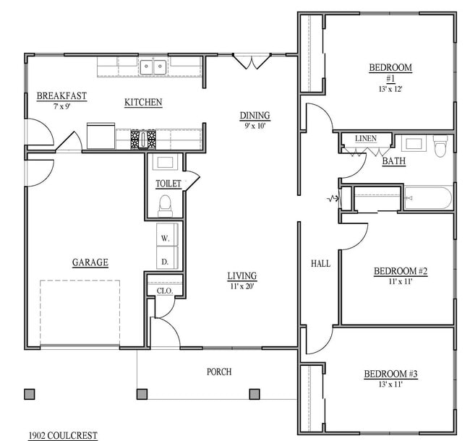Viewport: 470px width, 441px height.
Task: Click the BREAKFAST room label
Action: tap(61, 95)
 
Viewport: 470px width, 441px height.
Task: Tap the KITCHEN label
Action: tap(143, 103)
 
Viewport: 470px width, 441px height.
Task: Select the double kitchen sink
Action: tap(153, 67)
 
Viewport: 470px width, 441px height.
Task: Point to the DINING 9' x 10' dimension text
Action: tap(255, 126)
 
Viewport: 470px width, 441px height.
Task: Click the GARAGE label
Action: tap(90, 262)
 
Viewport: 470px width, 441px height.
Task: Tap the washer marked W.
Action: tap(165, 238)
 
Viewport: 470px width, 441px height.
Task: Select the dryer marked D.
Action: tap(165, 260)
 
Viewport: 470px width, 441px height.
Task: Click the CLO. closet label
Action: tap(163, 291)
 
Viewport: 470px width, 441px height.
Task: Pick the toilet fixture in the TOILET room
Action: tap(165, 205)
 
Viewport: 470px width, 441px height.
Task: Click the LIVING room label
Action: tap(242, 275)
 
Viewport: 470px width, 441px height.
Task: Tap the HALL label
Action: tap(320, 264)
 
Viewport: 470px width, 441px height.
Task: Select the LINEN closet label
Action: tap(365, 138)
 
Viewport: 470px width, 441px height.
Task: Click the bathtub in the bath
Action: tap(428, 197)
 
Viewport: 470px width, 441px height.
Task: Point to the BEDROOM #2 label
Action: tap(401, 271)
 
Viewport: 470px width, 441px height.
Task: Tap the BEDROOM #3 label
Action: tap(390, 374)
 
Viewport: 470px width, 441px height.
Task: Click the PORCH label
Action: tap(219, 372)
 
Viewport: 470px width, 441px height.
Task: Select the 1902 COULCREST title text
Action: tap(62, 435)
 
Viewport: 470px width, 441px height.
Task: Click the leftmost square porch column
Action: tap(30, 394)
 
